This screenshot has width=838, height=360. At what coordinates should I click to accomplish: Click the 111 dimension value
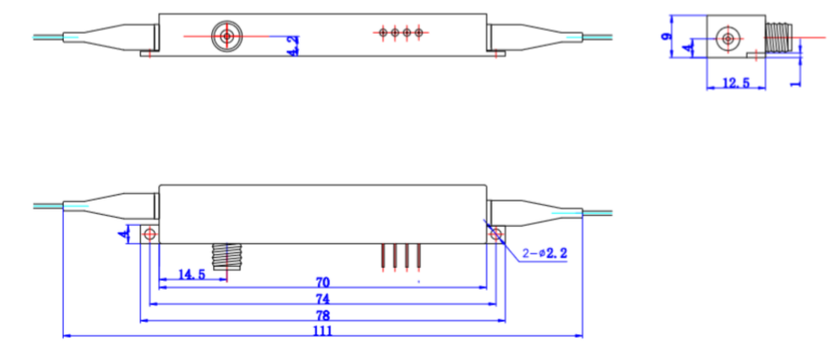tap(322, 331)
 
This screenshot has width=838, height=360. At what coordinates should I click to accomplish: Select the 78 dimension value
tap(322, 314)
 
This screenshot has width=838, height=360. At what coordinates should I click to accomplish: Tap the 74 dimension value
tap(322, 298)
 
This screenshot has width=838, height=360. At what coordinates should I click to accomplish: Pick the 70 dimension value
tap(322, 282)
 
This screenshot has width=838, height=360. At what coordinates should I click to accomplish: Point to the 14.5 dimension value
tap(191, 274)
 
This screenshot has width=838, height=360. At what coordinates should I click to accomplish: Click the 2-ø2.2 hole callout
tap(545, 254)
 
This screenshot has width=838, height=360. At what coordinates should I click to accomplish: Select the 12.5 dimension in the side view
tap(736, 83)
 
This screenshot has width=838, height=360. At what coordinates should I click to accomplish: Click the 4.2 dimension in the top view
tap(293, 46)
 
